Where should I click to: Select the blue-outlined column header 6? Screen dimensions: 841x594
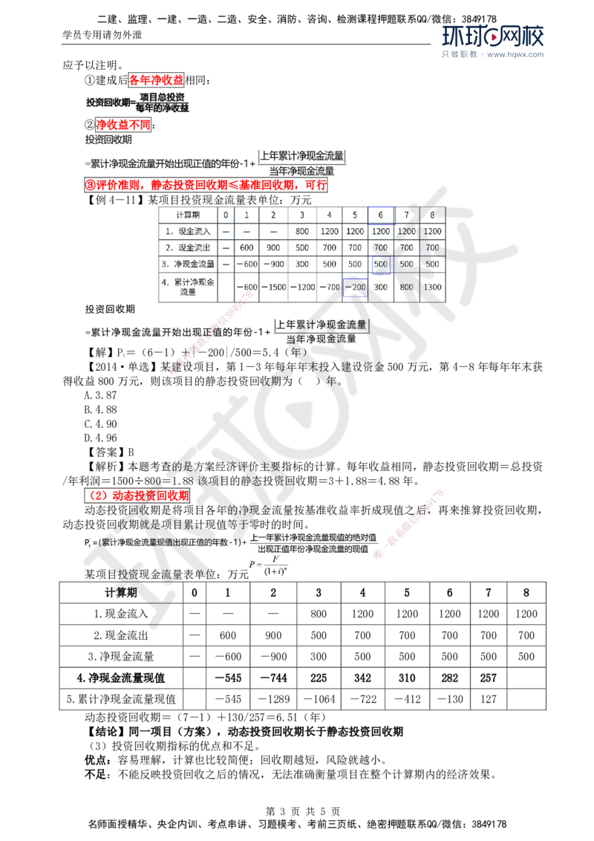pyautogui.click(x=381, y=214)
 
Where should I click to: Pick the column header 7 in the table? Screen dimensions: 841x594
pyautogui.click(x=407, y=214)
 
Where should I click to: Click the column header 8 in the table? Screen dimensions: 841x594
pyautogui.click(x=432, y=214)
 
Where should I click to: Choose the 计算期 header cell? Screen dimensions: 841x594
pyautogui.click(x=186, y=214)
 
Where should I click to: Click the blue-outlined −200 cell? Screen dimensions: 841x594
pyautogui.click(x=356, y=286)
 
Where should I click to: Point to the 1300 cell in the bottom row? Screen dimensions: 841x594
pyautogui.click(x=432, y=286)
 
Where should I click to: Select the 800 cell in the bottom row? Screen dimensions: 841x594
pyautogui.click(x=407, y=286)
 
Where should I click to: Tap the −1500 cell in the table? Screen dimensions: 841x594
pyautogui.click(x=274, y=286)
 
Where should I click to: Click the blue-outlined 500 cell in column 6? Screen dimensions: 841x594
pyautogui.click(x=381, y=264)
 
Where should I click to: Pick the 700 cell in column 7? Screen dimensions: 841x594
pyautogui.click(x=407, y=247)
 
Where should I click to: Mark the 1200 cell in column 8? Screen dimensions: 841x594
pyautogui.click(x=432, y=230)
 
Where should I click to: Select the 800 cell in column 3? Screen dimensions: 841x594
pyautogui.click(x=301, y=230)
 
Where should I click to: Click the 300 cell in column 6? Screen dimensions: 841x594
pyautogui.click(x=381, y=286)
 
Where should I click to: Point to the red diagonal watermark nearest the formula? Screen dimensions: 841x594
pyautogui.click(x=409, y=524)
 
